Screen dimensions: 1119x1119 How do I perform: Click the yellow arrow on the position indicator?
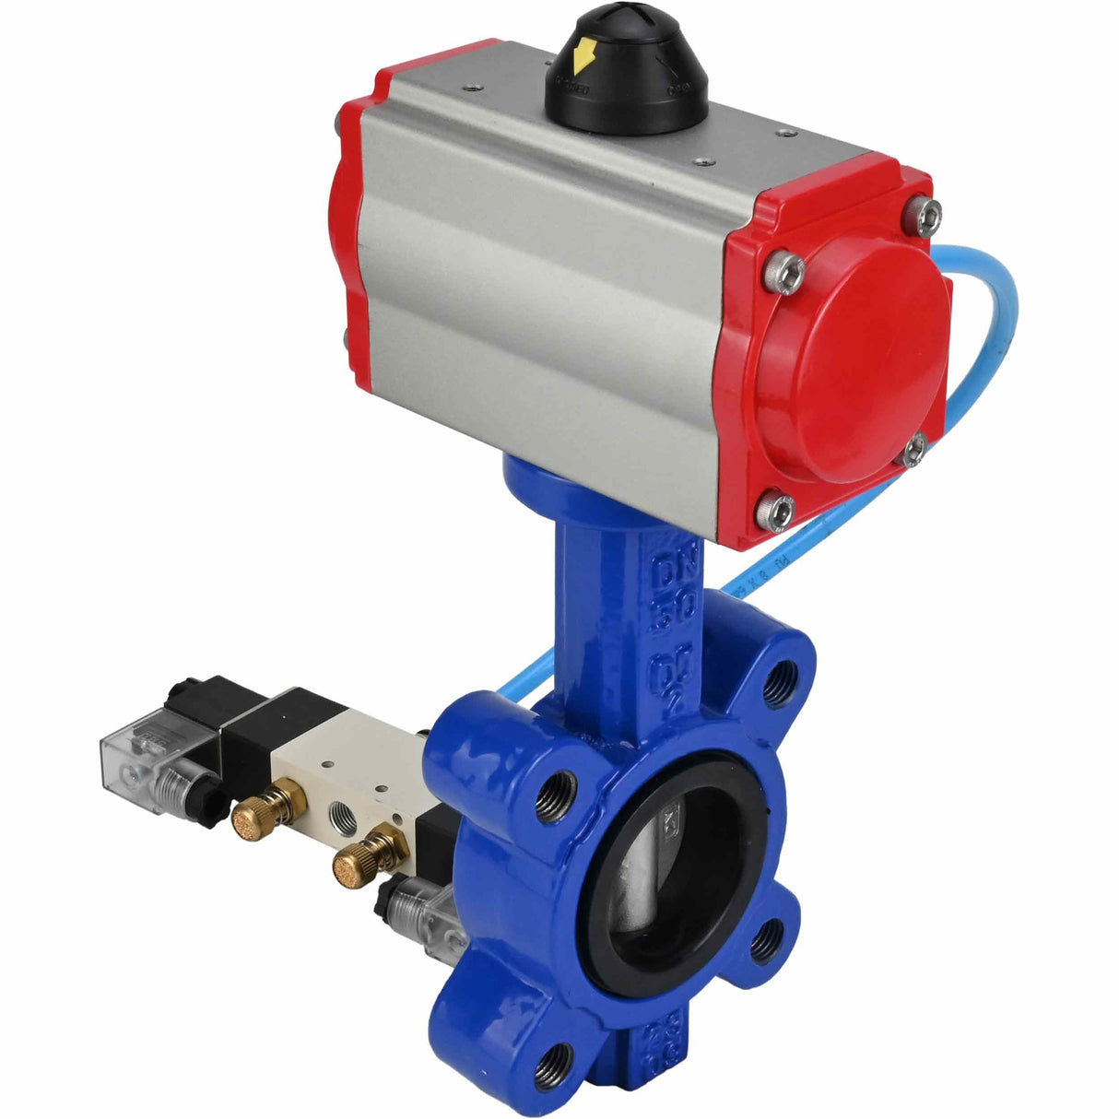pos(583,61)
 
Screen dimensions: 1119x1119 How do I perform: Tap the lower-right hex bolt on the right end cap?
pos(913,451)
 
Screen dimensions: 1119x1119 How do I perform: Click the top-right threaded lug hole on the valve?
pos(783,677)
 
